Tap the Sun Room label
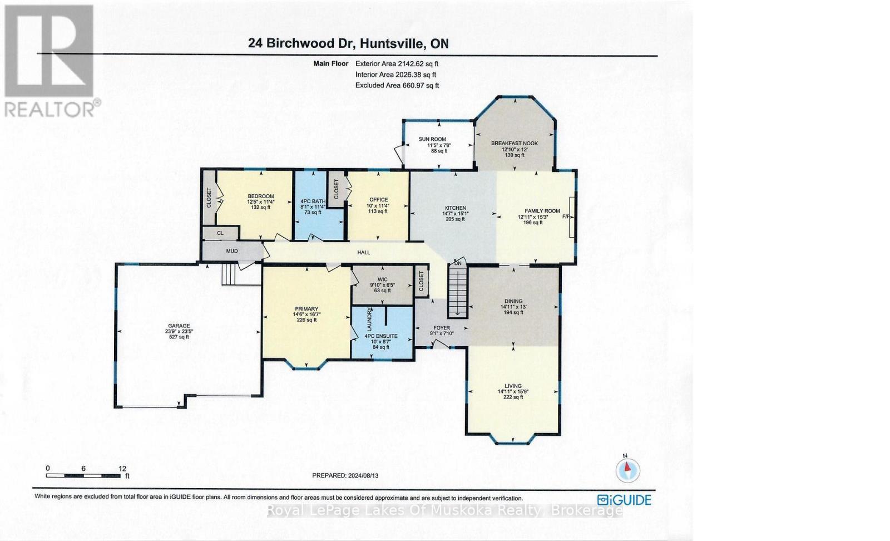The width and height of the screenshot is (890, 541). click(x=432, y=139)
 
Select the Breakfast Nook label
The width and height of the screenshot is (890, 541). click(x=514, y=144)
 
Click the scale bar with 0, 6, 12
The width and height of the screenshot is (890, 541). click(x=84, y=475)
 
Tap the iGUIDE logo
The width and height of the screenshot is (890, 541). click(x=624, y=500)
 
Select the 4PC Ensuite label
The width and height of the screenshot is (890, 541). click(x=381, y=336)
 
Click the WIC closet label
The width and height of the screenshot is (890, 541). click(x=382, y=279)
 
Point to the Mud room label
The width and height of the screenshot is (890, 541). click(x=232, y=251)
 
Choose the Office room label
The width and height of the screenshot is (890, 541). click(x=378, y=200)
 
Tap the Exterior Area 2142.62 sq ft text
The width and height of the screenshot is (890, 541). click(x=397, y=63)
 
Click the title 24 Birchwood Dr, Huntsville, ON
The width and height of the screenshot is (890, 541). click(x=349, y=43)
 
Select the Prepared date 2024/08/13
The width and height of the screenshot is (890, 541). click(x=349, y=475)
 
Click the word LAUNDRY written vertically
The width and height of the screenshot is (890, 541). click(x=369, y=319)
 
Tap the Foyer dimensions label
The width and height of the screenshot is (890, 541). click(x=442, y=333)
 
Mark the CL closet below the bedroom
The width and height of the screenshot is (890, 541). click(x=220, y=233)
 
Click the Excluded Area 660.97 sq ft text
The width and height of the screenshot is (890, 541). click(x=397, y=85)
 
